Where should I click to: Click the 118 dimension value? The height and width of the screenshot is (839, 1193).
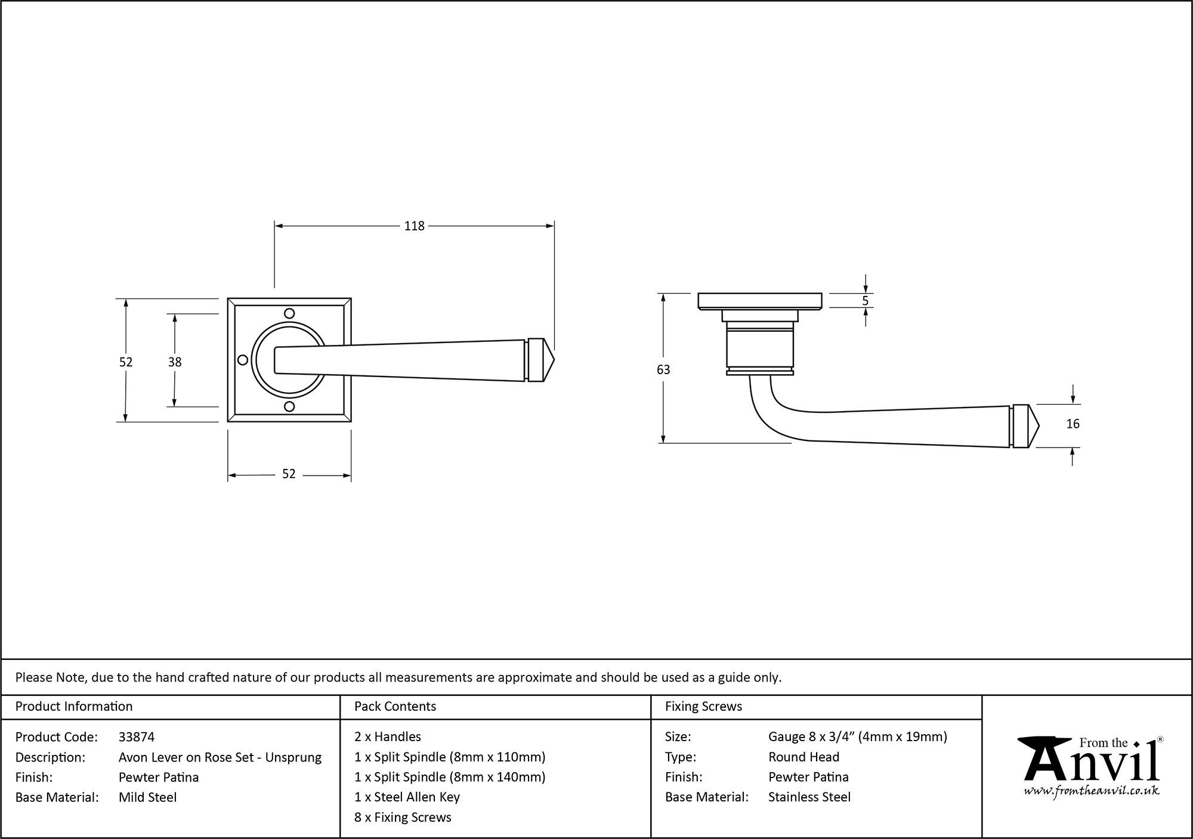coord(414,226)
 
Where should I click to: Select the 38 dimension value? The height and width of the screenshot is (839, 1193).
coord(175,362)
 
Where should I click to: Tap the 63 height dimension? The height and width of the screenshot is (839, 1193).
coord(663,370)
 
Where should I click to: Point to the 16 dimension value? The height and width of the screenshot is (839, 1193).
coord(1073,424)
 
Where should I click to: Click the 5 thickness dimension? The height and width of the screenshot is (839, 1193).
coord(866,301)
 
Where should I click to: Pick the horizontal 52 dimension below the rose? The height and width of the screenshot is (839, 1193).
coord(289,474)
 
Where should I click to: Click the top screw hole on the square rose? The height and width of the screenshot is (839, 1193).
coord(289,313)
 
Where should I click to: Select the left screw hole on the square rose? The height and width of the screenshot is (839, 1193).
coord(243,360)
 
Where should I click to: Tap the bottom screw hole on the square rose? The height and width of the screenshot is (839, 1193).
coord(289,407)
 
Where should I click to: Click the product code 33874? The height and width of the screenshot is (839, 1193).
coord(137,737)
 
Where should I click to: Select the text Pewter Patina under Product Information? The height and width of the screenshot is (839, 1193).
coord(159,777)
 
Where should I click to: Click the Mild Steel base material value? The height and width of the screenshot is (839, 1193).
coord(147,797)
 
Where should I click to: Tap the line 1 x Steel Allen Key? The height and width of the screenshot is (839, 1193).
coord(407,797)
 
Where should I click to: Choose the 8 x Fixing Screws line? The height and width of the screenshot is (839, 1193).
coord(403,818)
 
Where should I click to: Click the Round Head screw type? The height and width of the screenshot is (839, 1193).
coord(803,757)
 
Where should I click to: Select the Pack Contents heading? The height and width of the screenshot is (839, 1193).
coord(395,707)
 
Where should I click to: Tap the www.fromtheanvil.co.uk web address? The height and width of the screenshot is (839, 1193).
coord(1092,791)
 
